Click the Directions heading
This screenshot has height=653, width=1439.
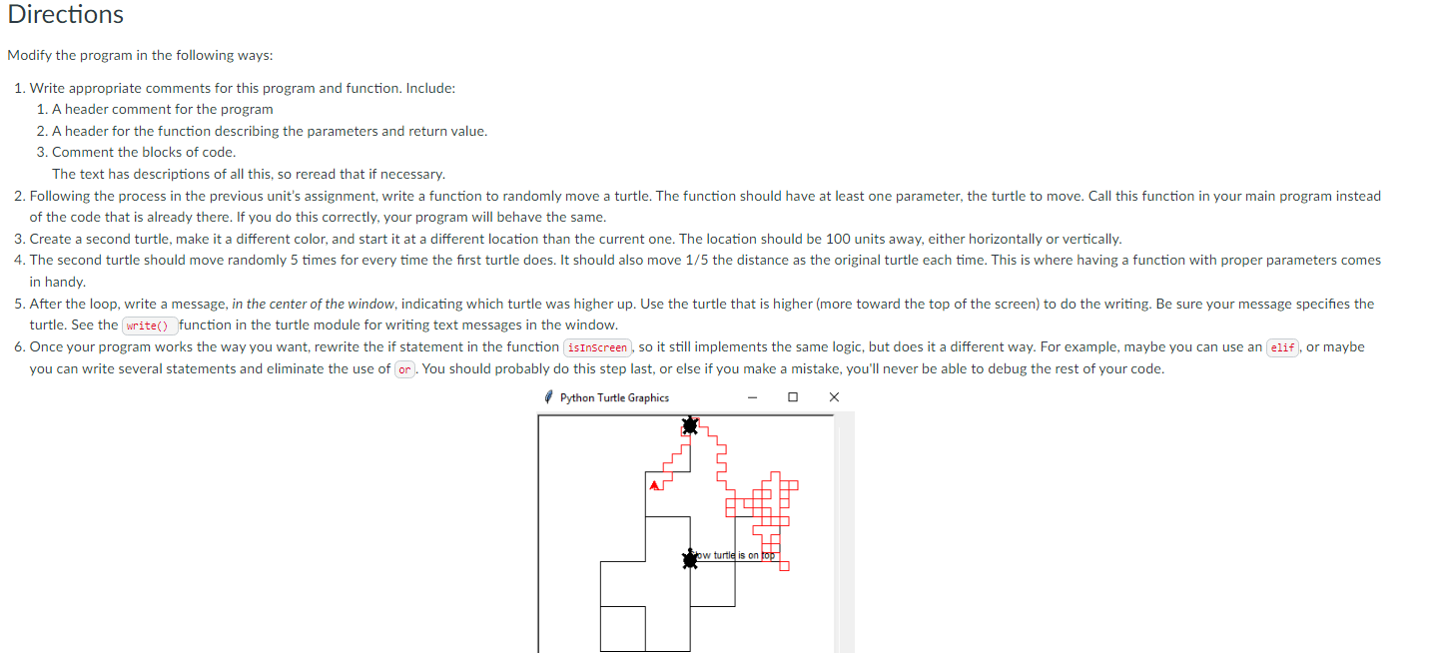click(66, 15)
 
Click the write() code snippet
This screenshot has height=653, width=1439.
click(150, 326)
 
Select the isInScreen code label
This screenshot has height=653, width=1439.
click(598, 347)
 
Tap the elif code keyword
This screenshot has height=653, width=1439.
click(1282, 347)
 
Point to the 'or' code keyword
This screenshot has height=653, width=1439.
click(404, 369)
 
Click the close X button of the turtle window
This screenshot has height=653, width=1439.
click(834, 397)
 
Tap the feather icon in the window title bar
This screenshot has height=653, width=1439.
click(548, 397)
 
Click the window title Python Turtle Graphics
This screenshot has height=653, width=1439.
click(614, 397)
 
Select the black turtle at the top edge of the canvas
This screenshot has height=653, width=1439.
click(689, 426)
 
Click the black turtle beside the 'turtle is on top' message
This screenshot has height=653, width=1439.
click(689, 559)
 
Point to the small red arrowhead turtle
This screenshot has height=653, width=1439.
click(654, 485)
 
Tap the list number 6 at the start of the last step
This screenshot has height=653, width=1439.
click(19, 346)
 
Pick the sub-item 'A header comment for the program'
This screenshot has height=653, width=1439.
click(162, 109)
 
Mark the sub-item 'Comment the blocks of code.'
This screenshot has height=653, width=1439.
click(144, 152)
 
